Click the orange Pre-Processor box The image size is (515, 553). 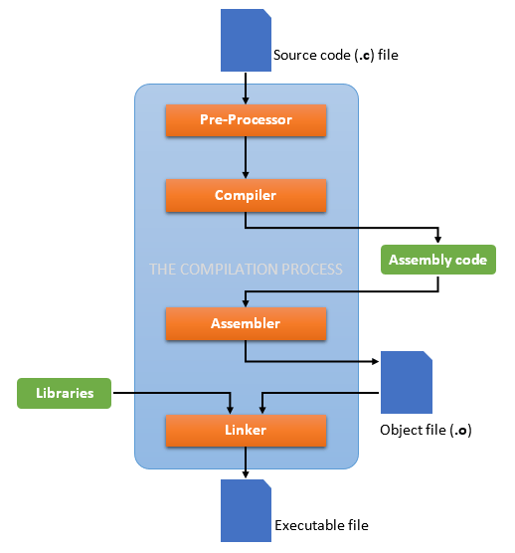(246, 120)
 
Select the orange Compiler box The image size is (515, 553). (246, 196)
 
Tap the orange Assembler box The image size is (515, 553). (246, 324)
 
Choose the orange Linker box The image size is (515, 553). (246, 431)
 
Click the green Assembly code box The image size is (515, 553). (438, 261)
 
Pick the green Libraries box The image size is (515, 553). (64, 393)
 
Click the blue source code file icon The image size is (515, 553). (246, 41)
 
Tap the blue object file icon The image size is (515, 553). (407, 383)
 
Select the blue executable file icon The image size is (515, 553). (246, 511)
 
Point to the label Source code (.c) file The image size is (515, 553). (335, 56)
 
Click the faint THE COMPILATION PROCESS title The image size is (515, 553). (246, 270)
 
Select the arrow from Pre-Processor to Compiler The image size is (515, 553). (246, 157)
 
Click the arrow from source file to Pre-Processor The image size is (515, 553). (246, 90)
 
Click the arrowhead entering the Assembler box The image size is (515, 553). (246, 302)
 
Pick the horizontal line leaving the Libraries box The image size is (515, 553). (169, 393)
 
